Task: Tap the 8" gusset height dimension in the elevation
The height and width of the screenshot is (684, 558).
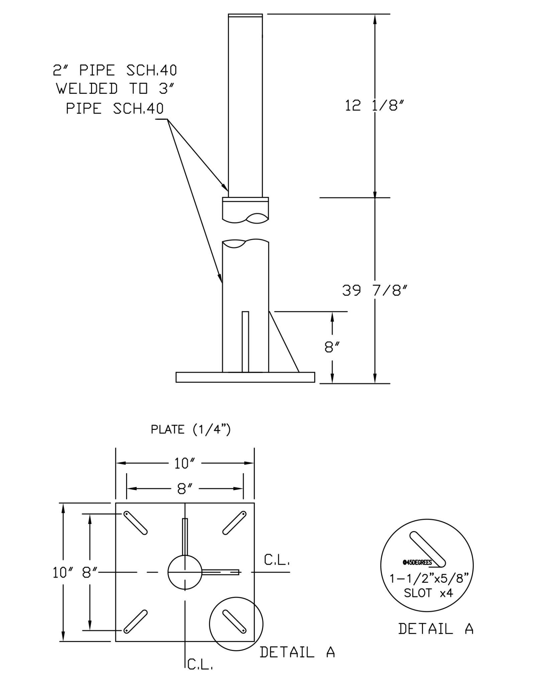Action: pos(332,348)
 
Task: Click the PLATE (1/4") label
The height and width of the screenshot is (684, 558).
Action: pos(191,430)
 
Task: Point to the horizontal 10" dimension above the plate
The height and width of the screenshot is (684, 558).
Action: pos(185,464)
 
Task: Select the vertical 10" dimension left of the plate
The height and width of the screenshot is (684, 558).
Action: pos(61,573)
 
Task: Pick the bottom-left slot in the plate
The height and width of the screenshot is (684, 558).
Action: pos(135,622)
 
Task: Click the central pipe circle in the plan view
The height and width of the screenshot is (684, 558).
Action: pos(185,572)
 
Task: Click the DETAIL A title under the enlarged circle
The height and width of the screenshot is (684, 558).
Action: pos(436,629)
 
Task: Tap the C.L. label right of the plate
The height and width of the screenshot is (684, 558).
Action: pos(277,560)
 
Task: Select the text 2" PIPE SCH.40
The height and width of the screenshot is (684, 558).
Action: pos(115,71)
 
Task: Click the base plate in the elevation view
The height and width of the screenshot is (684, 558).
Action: pos(245,377)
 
